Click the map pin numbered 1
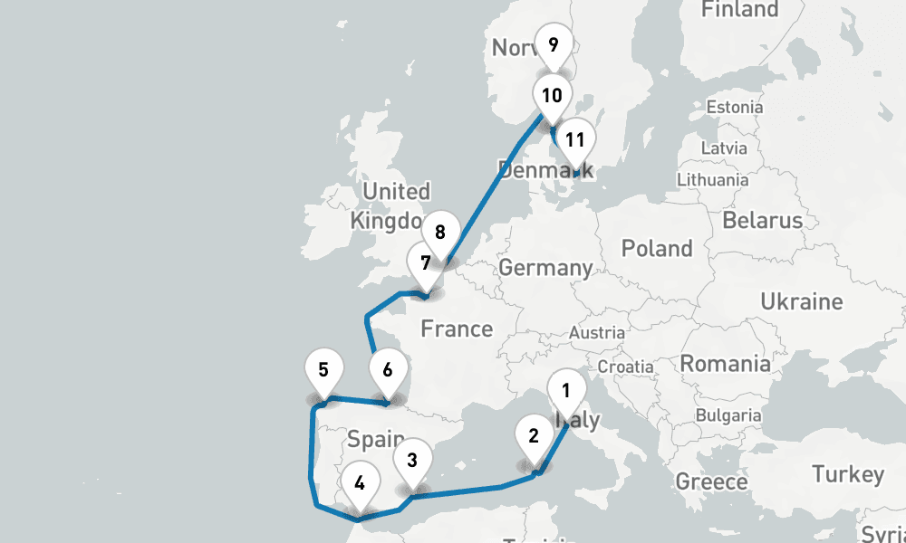pyautogui.click(x=566, y=392)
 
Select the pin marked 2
pyautogui.click(x=534, y=435)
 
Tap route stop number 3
pyautogui.click(x=412, y=460)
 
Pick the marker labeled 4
pyautogui.click(x=360, y=482)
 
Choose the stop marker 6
pyautogui.click(x=388, y=370)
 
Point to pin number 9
pyautogui.click(x=553, y=43)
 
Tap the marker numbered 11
pyautogui.click(x=574, y=140)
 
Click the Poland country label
pyautogui.click(x=658, y=248)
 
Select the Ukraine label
pyautogui.click(x=801, y=301)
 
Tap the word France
pyautogui.click(x=457, y=329)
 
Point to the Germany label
pyautogui.click(x=545, y=268)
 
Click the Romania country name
pyautogui.click(x=725, y=364)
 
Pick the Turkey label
pyautogui.click(x=847, y=474)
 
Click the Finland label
pyautogui.click(x=740, y=10)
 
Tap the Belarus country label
pyautogui.click(x=762, y=220)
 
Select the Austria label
pyautogui.click(x=596, y=333)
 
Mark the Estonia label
pyautogui.click(x=734, y=107)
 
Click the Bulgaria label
pyautogui.click(x=728, y=415)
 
